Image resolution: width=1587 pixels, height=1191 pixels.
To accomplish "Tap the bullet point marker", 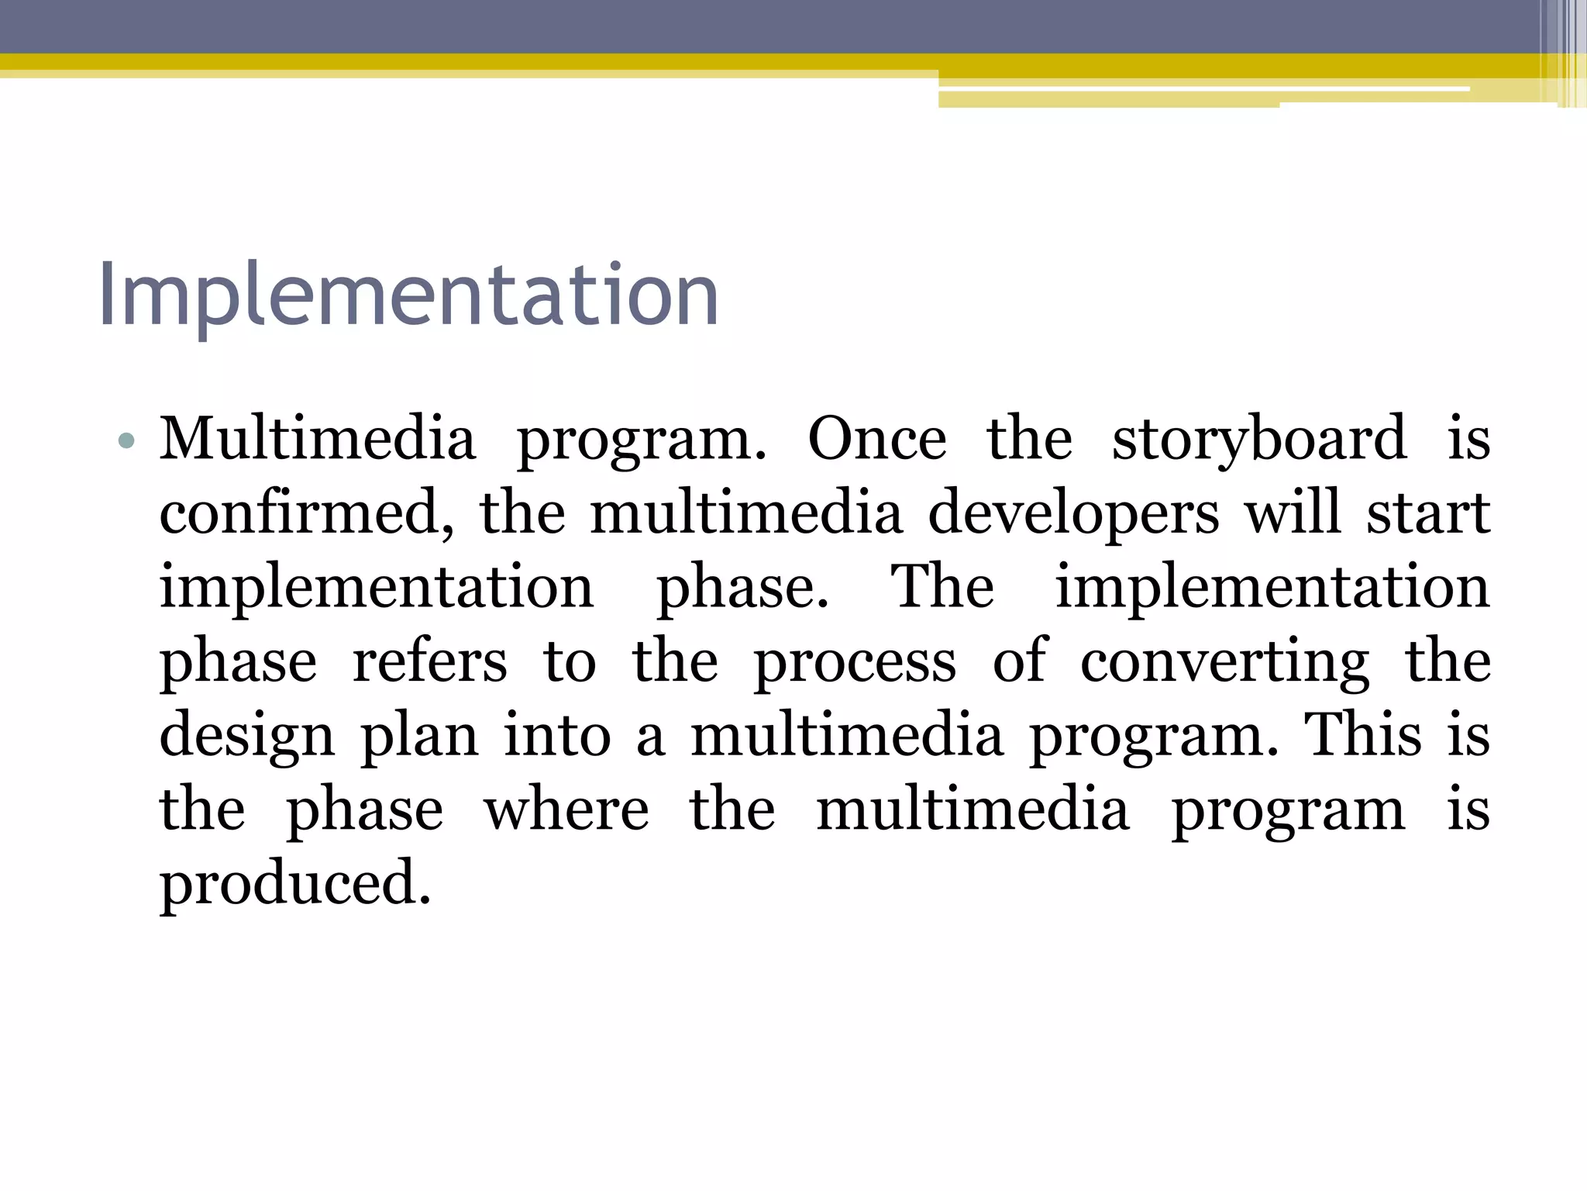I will coord(126,442).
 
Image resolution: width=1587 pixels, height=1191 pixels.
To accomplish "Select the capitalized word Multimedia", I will coord(317,439).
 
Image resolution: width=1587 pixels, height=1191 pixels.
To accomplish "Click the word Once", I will coord(876,439).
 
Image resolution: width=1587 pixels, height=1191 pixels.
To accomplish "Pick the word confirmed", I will coord(307,513).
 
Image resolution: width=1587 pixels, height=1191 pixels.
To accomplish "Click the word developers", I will coord(1073,515).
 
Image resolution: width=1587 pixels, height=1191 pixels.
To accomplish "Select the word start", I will coord(1427,513).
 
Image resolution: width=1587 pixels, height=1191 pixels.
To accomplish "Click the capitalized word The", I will coord(942,586).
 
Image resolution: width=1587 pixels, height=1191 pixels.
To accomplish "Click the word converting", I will coord(1224,663).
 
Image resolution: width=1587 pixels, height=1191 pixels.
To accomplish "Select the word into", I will coord(557,734).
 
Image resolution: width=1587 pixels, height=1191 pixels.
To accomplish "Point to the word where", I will coord(566,810).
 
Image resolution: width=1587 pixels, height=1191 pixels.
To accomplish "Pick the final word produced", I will coord(295,885).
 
